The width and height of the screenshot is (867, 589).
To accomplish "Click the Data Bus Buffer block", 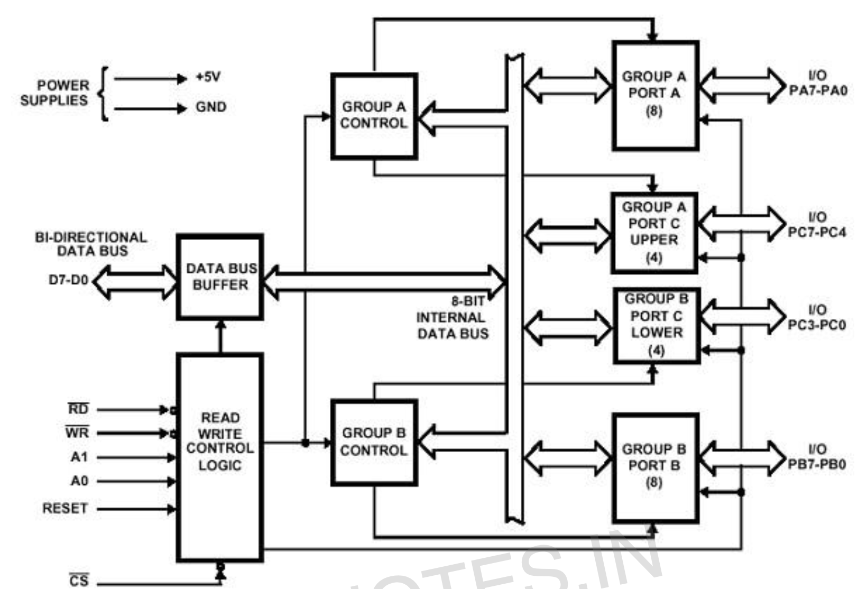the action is coord(220,277).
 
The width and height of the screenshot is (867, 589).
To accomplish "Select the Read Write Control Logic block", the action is coord(220,457).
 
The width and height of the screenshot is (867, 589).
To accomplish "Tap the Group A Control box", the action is coord(374,116).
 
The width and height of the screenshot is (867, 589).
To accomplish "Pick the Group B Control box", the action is coord(374,443).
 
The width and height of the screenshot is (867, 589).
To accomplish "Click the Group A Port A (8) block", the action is coord(656,95).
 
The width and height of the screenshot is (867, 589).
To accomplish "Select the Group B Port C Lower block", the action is coord(657,326).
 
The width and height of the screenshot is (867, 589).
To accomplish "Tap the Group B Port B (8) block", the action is coord(656,468).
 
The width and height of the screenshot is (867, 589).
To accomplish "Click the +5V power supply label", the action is coord(208,77).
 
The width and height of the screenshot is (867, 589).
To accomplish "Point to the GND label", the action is coord(211,107).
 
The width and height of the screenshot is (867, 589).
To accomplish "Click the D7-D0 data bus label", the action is coord(69,280).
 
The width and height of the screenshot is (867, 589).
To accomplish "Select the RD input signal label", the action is coord(79,409).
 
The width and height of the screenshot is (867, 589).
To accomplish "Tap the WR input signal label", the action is coord(77,432).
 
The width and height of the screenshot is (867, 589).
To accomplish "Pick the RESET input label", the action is coord(65,508).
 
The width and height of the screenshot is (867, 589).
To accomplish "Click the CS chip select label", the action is coord(79,580).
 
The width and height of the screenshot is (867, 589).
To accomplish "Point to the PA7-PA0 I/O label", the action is coord(818,90).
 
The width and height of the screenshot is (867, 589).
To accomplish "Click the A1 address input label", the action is coord(79,457).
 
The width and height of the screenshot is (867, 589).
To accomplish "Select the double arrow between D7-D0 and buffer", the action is coord(135,282).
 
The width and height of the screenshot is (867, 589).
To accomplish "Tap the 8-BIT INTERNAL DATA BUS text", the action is coord(452,317).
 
